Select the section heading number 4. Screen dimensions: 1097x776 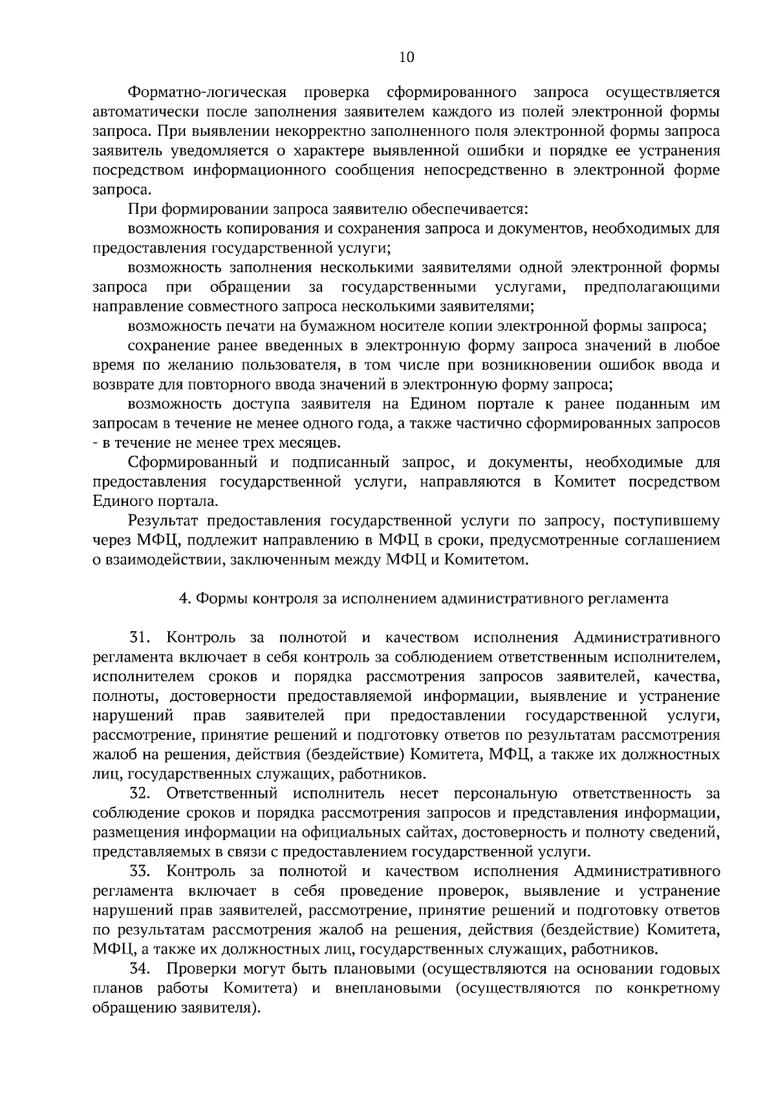(182, 598)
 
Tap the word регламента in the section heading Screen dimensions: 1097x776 (632, 598)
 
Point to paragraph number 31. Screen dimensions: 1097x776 (140, 638)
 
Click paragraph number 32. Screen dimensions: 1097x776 (140, 793)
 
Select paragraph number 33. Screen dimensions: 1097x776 (140, 872)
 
